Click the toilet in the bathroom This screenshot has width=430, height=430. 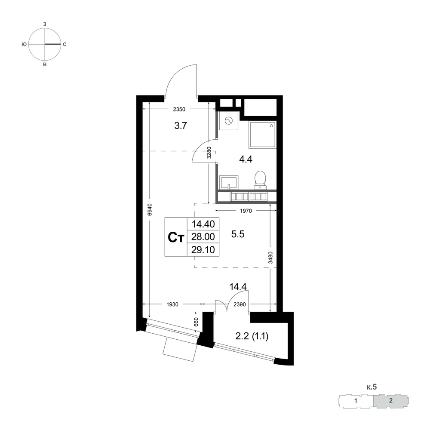[x=260, y=180]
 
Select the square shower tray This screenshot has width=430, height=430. [x=262, y=135]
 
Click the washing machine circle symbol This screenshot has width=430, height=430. [x=228, y=121]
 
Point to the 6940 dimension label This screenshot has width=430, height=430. [x=150, y=209]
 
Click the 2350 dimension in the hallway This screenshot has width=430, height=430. [x=179, y=109]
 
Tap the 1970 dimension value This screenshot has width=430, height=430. [x=246, y=211]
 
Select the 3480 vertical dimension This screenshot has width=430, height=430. [x=270, y=258]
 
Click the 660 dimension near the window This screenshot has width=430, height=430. [x=196, y=322]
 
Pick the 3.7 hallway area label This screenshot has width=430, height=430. [x=181, y=126]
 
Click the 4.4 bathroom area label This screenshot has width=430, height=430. [x=246, y=159]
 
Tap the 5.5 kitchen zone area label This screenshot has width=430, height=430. [x=238, y=234]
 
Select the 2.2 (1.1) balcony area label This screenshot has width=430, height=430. [x=252, y=336]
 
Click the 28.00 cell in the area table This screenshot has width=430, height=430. [x=203, y=236]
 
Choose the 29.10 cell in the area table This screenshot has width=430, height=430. [x=203, y=249]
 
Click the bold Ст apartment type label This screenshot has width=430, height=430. [x=175, y=237]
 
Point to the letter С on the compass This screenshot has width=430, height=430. [x=65, y=44]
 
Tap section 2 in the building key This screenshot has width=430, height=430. [x=391, y=400]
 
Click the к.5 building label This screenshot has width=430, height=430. [x=372, y=387]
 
